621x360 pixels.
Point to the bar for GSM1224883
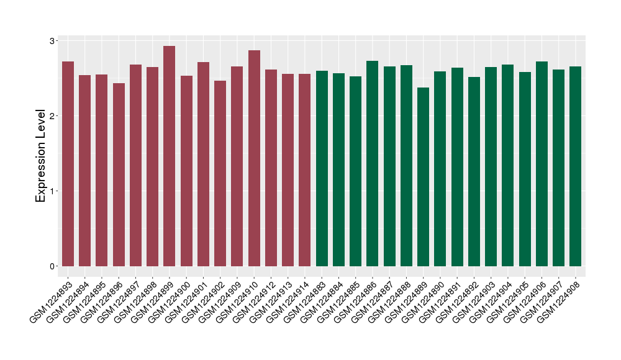pyautogui.click(x=322, y=168)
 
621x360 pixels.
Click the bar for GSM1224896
pyautogui.click(x=119, y=174)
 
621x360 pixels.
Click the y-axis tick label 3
pyautogui.click(x=52, y=41)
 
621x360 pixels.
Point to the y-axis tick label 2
pyautogui.click(x=52, y=116)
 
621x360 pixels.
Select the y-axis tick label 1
pyautogui.click(x=52, y=191)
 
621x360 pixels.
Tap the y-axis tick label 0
pyautogui.click(x=52, y=266)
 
